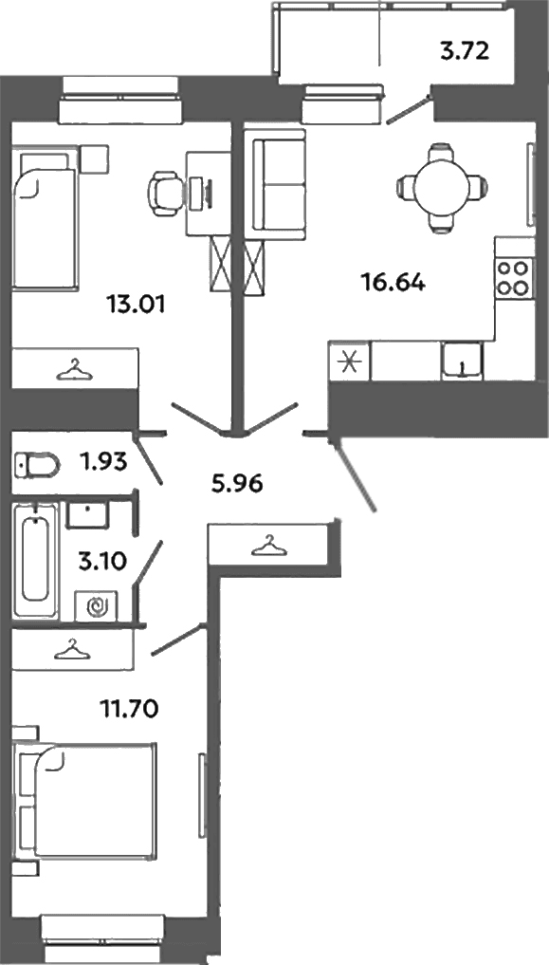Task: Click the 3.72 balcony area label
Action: tap(465, 51)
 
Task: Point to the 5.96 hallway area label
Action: tap(236, 484)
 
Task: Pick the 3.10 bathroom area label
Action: tap(102, 562)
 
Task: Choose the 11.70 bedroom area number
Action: tap(130, 710)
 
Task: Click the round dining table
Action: tap(442, 187)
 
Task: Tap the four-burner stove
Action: tap(513, 278)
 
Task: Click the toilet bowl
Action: tap(37, 463)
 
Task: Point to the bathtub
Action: tap(36, 560)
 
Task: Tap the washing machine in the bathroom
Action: tap(97, 607)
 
